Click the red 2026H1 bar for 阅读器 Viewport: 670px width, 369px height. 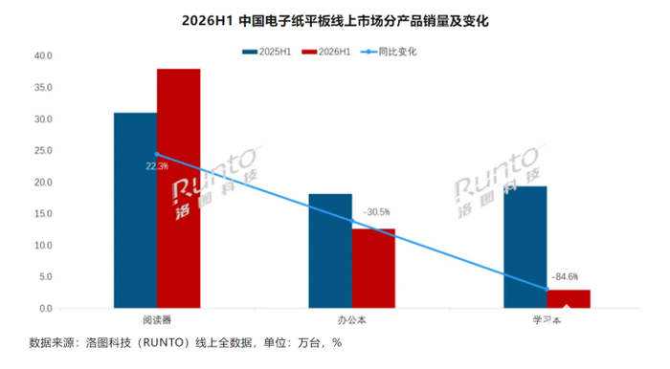pos(179,188)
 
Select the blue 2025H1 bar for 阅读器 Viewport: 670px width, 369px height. pos(135,210)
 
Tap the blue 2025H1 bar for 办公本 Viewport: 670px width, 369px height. pos(330,250)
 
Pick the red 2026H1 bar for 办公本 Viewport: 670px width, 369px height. pos(373,269)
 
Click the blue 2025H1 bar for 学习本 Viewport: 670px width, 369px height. pos(525,247)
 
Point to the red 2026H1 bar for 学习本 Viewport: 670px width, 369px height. pos(569,299)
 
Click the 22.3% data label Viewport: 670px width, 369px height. pos(157,166)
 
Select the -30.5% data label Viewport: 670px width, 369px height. pos(376,212)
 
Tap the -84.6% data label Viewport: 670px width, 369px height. pos(565,277)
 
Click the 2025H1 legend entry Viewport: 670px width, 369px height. pos(267,52)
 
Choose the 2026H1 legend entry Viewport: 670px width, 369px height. pos(326,52)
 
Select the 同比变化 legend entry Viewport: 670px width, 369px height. pos(389,52)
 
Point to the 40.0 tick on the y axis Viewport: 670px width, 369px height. pos(43,55)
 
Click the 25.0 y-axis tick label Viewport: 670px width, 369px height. pos(43,151)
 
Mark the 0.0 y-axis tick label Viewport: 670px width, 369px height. pos(46,309)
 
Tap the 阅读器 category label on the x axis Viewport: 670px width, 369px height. pos(157,320)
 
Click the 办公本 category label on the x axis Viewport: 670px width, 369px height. pos(352,320)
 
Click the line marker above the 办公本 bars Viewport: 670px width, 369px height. pos(352,221)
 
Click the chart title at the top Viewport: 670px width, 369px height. pos(335,21)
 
